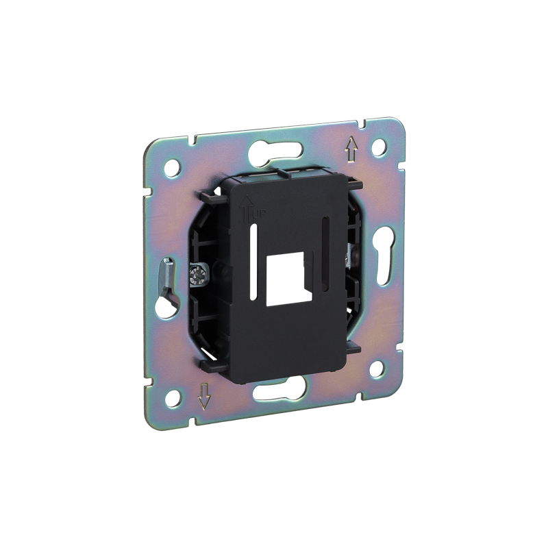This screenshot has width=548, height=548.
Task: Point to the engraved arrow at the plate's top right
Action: click(x=351, y=150)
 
